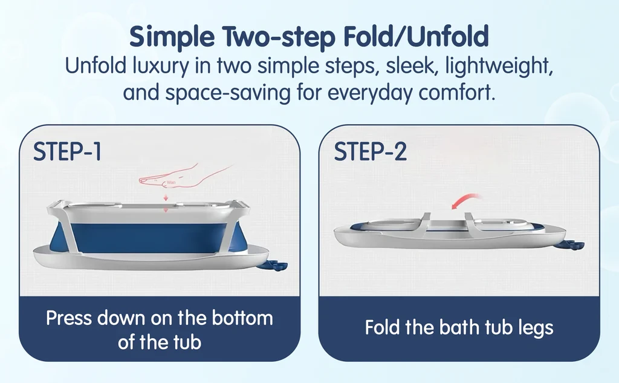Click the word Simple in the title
click(x=172, y=37)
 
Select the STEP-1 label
click(x=68, y=151)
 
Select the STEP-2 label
click(x=371, y=151)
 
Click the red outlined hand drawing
click(x=186, y=176)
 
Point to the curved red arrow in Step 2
click(x=466, y=200)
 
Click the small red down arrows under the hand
click(x=166, y=203)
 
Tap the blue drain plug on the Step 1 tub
click(x=273, y=266)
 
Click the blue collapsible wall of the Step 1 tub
click(x=150, y=238)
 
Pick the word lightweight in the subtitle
click(x=499, y=66)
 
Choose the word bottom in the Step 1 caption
click(x=242, y=318)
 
